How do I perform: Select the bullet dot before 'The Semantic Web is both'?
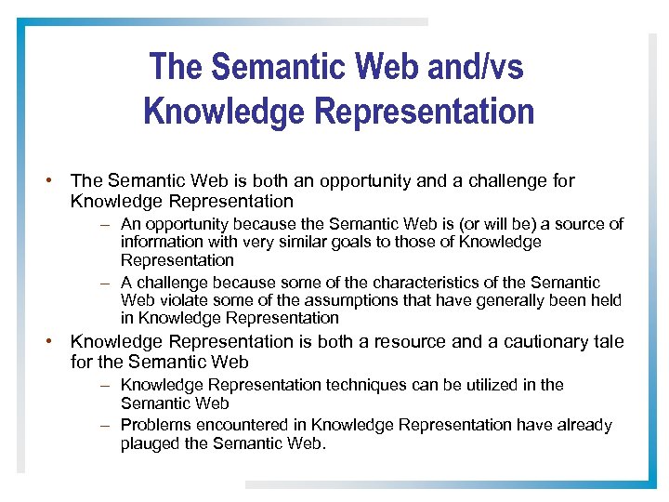click(58, 180)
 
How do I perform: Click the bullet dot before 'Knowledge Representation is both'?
click(58, 341)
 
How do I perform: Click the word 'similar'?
click(291, 242)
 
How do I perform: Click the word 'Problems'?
click(154, 425)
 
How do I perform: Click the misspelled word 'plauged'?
click(150, 444)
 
